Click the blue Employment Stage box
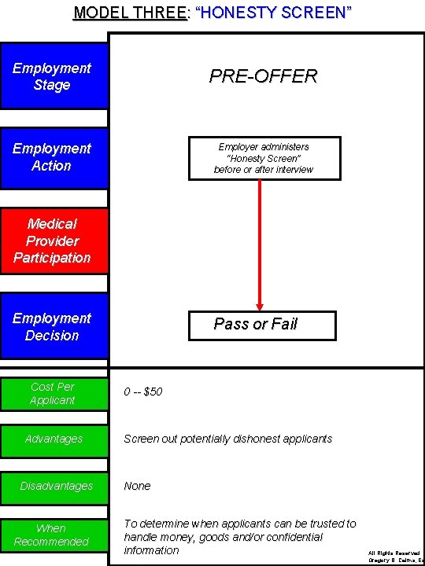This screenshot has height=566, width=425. point(54,76)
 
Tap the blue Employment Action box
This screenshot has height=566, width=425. point(54,157)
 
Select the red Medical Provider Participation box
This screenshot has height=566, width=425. point(54,241)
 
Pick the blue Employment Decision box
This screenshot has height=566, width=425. point(54,326)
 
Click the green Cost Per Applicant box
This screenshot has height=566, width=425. point(54,393)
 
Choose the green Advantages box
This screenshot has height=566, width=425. point(54,439)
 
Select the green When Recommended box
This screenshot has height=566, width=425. point(54,535)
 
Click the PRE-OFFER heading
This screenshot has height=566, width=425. point(263,76)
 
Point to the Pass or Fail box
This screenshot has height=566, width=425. point(262,325)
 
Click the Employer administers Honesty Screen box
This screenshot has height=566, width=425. point(264,158)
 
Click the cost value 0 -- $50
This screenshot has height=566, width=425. point(143,391)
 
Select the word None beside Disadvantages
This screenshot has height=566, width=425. point(137,486)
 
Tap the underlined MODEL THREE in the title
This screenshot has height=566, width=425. point(130,13)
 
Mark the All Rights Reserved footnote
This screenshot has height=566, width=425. point(394,553)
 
